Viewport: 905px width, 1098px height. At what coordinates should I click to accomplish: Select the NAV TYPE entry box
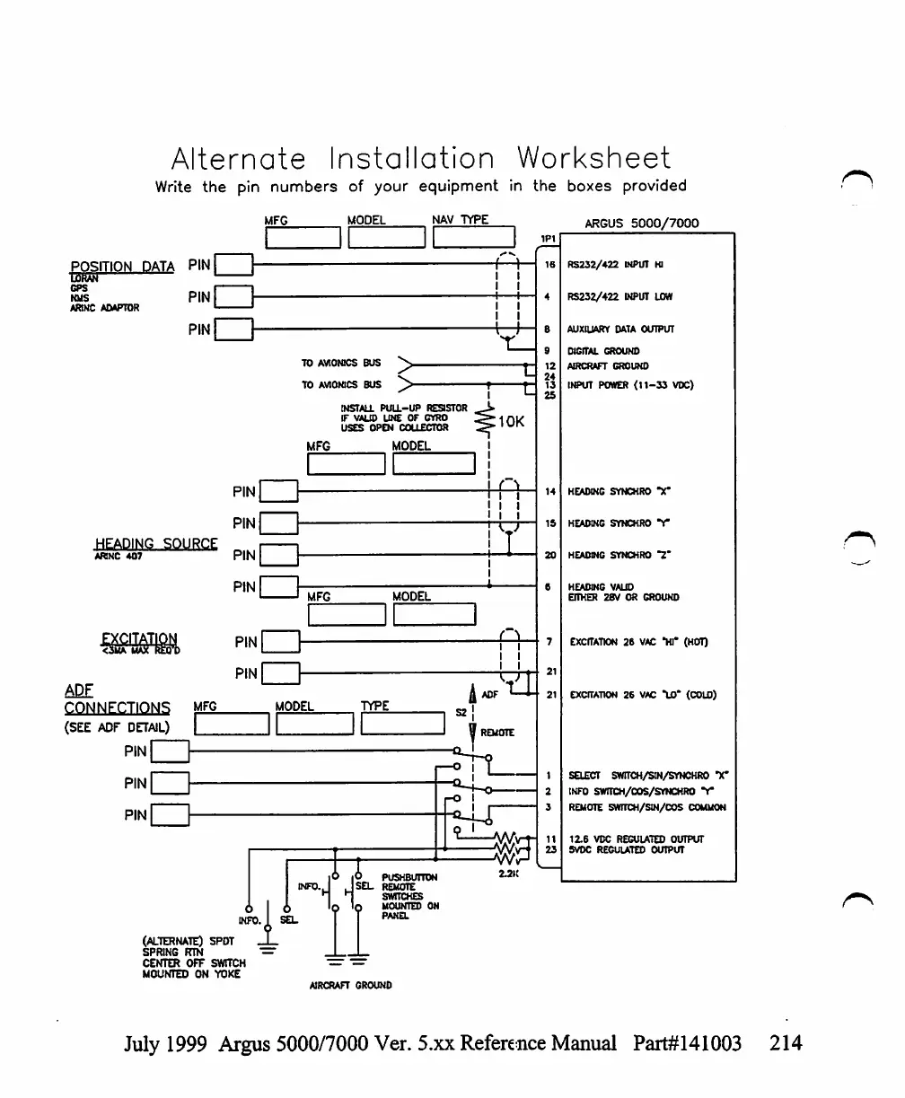coord(473,237)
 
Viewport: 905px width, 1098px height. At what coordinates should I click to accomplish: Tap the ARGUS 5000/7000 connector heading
coord(641,223)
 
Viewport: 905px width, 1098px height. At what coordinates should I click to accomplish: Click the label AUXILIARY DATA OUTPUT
coord(619,329)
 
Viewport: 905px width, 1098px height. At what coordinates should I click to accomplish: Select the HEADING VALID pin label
coord(598,585)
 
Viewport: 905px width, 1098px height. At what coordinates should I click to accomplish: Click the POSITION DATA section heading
coord(122,267)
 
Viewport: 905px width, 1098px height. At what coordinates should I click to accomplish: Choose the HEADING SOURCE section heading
coord(156,544)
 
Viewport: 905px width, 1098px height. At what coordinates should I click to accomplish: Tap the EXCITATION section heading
coord(139,638)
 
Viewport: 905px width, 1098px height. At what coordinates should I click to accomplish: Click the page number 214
coord(786,1043)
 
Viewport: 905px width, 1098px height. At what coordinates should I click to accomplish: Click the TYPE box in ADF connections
coord(403,724)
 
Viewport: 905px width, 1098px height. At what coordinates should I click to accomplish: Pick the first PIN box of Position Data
coord(235,266)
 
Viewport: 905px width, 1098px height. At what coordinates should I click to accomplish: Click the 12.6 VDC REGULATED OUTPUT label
coord(635,839)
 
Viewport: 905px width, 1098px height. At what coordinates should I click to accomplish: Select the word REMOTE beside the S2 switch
coord(498,733)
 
